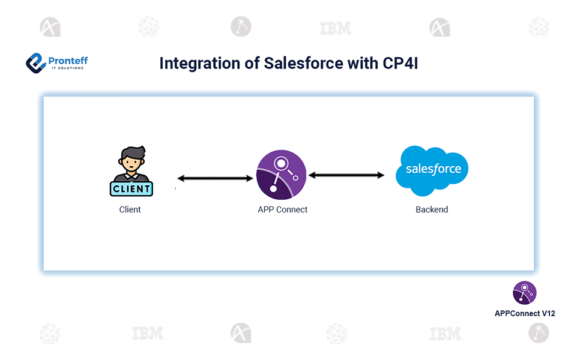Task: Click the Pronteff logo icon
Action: coord(36,62)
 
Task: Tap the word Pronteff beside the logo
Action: coord(68,59)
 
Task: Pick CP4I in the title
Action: coord(397,64)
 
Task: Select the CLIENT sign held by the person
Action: coord(131,188)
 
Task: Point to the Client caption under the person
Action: coord(130,210)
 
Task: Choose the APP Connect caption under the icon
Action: coord(282,210)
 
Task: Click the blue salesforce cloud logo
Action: coord(432,170)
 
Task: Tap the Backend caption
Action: coord(432,210)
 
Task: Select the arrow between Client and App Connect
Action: coord(215,178)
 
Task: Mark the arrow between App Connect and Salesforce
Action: coord(346,175)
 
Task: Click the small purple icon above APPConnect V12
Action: coord(524,293)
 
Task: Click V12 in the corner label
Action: coord(547,313)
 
